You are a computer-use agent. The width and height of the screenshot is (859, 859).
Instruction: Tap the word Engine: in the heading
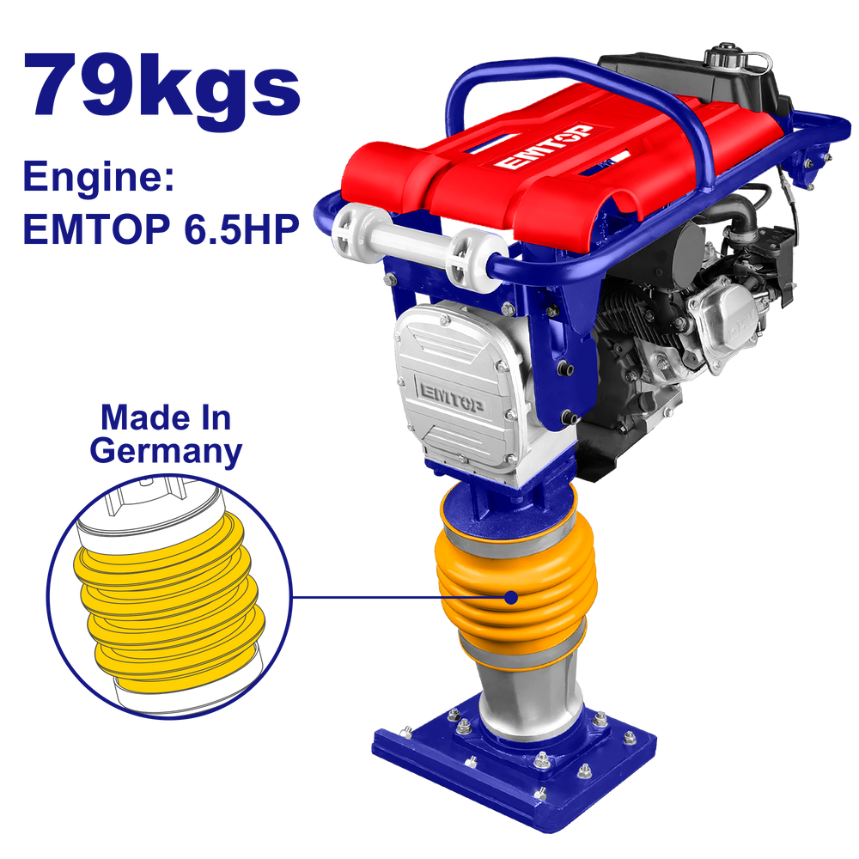point(99,177)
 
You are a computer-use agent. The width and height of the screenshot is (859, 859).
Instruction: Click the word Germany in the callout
point(166,452)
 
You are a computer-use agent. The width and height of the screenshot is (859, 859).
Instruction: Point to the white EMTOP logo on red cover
point(544,146)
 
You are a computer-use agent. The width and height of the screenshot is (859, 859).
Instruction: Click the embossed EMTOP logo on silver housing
point(453,396)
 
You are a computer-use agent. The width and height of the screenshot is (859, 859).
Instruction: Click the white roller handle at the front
point(417,243)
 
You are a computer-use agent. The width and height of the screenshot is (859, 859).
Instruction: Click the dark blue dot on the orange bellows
point(511,597)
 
